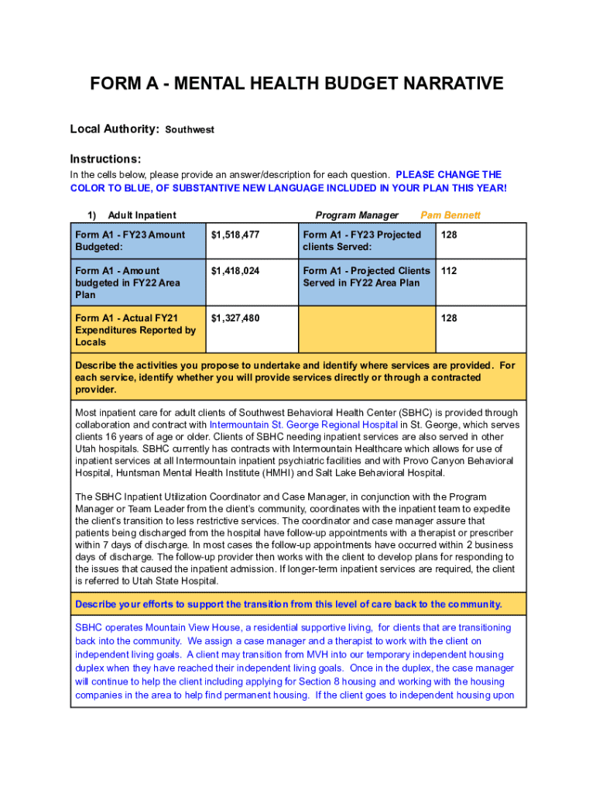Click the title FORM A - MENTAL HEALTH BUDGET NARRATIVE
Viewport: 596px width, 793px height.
pyautogui.click(x=297, y=84)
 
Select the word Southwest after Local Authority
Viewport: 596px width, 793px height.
pyautogui.click(x=190, y=130)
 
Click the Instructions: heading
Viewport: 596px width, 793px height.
pyautogui.click(x=105, y=158)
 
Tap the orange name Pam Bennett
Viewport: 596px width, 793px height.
pyautogui.click(x=450, y=215)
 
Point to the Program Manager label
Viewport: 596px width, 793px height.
pyautogui.click(x=357, y=215)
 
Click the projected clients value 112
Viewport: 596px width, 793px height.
pyautogui.click(x=449, y=271)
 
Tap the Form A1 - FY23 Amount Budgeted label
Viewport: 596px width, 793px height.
pyautogui.click(x=130, y=241)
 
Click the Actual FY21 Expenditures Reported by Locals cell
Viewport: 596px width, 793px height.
pyautogui.click(x=135, y=330)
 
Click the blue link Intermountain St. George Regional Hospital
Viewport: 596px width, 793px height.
pyautogui.click(x=303, y=425)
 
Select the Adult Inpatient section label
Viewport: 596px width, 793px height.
pyautogui.click(x=142, y=215)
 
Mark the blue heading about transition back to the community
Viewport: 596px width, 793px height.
pyautogui.click(x=288, y=604)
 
